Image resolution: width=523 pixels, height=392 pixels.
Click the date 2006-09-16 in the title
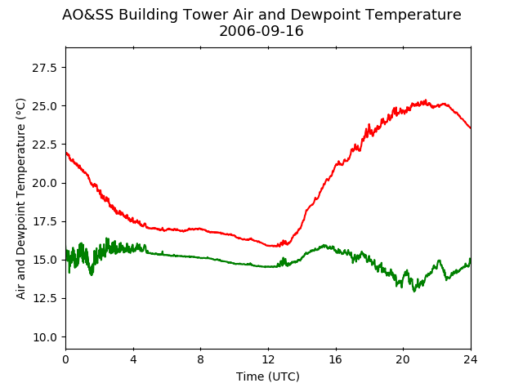261,31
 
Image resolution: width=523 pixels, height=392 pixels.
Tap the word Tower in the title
206,15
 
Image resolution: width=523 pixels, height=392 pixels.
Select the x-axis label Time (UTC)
268,376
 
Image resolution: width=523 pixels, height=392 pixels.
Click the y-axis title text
20,198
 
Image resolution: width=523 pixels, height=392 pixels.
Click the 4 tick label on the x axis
133,359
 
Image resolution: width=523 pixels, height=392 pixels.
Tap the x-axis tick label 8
200,359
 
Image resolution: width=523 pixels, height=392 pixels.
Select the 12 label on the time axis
268,359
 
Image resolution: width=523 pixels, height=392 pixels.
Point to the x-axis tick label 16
336,359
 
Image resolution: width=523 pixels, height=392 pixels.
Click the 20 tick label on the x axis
403,359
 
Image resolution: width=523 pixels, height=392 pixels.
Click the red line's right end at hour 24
471,128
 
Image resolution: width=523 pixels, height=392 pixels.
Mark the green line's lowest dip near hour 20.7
414,291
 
